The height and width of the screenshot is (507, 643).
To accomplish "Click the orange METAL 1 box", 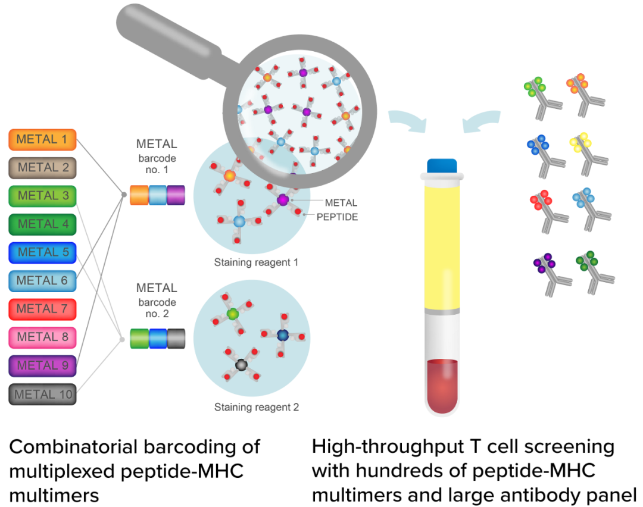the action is tap(43, 139).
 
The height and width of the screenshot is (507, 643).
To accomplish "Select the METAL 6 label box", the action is tap(43, 281).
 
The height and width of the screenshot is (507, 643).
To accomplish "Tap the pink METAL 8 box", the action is tap(43, 337).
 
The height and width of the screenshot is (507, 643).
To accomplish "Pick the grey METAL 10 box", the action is tap(43, 395).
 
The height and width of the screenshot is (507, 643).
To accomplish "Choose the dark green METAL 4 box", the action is tap(43, 224).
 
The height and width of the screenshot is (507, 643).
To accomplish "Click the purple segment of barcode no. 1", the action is tap(176, 195).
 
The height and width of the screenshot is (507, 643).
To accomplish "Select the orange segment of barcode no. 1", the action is tap(139, 195).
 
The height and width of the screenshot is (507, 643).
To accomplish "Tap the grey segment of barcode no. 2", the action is tap(176, 339).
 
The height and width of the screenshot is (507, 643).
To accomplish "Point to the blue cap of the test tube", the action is tap(442, 165).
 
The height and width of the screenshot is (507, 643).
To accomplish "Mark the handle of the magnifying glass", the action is tap(172, 41).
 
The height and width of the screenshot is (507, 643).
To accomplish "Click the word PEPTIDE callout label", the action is tap(337, 217).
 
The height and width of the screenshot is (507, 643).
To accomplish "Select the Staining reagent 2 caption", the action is tap(256, 407).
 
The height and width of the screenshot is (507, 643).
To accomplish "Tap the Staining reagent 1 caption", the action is tap(256, 262).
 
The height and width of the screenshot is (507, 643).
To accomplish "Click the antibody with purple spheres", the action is tap(552, 274).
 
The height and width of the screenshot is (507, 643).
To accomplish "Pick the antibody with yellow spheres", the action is tap(588, 154).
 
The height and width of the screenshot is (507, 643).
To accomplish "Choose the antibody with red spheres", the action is tap(549, 211).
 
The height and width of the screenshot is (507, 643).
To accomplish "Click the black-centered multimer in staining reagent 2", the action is tap(242, 364).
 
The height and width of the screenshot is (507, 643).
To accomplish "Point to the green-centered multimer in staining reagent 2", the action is tap(233, 314).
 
